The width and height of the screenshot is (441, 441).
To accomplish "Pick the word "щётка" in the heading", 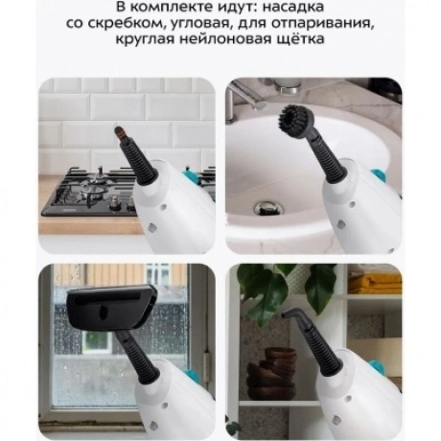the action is [296, 39].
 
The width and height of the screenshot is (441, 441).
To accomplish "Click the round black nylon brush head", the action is [296, 117].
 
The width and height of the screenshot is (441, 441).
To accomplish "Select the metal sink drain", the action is [268, 208].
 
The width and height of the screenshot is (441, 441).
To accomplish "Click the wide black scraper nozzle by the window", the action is [112, 306].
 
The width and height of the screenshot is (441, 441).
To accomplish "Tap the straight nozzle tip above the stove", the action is [120, 133].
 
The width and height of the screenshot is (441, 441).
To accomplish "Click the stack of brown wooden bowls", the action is [272, 373].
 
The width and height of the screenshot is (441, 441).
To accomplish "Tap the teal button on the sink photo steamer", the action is [378, 175].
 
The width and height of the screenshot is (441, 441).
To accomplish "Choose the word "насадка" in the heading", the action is [293, 7].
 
